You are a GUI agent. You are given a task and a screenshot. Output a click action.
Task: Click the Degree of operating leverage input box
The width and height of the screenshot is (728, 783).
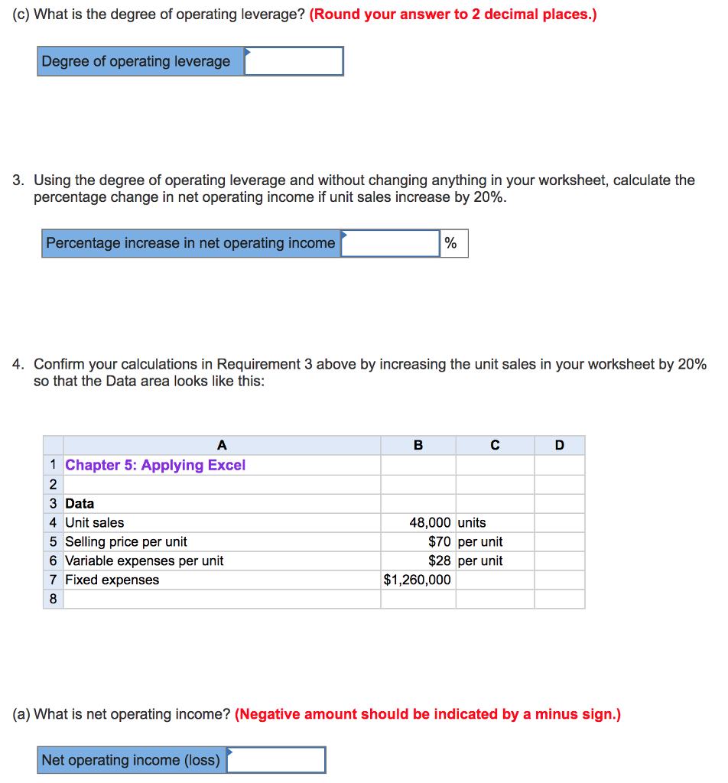click(x=294, y=61)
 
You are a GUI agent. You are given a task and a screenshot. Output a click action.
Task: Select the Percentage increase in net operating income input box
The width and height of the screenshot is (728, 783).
click(x=390, y=243)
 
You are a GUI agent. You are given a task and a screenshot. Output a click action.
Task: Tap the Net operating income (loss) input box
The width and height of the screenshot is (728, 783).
click(x=276, y=760)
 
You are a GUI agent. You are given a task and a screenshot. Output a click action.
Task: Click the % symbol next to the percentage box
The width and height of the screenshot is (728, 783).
click(x=451, y=243)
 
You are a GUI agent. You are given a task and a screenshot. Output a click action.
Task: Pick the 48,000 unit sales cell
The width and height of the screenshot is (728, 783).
click(x=418, y=523)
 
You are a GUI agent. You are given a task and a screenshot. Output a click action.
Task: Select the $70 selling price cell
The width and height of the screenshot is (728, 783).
click(x=418, y=542)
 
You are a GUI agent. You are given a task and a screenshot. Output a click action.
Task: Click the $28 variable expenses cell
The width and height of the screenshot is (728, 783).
click(x=418, y=561)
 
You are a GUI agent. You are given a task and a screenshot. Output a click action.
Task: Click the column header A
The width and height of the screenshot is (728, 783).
click(x=222, y=446)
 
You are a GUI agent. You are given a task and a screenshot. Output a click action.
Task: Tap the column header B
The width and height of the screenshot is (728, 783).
click(x=418, y=446)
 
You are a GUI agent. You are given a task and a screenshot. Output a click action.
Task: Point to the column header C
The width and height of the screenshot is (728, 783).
click(x=495, y=446)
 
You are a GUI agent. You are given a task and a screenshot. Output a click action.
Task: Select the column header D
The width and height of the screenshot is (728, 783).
click(x=559, y=446)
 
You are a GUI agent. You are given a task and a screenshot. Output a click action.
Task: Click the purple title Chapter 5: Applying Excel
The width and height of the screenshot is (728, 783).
click(x=155, y=466)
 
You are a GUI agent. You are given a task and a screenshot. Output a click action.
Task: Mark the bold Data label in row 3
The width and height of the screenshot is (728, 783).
click(x=80, y=504)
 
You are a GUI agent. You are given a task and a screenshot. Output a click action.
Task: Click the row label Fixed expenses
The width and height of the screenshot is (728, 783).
click(x=112, y=580)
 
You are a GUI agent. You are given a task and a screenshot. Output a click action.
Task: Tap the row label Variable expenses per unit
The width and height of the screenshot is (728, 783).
click(x=145, y=561)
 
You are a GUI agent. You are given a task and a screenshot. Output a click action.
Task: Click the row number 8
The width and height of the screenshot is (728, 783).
click(x=53, y=599)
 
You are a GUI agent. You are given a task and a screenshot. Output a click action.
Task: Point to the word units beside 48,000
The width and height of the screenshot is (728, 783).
click(x=472, y=523)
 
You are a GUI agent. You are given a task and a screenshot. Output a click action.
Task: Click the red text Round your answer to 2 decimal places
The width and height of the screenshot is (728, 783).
click(x=453, y=15)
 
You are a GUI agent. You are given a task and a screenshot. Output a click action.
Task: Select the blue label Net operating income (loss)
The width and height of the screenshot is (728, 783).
click(x=131, y=760)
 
